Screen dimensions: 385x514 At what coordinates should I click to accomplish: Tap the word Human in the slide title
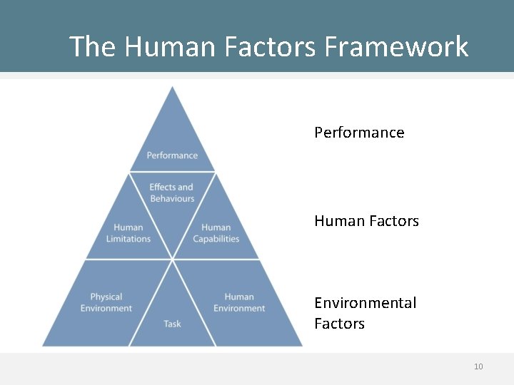pos(170,47)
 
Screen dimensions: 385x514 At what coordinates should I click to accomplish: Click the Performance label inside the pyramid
pos(172,155)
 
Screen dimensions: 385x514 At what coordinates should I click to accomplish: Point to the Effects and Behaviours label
pos(172,192)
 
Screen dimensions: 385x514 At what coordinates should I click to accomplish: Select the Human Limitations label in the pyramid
pos(128,233)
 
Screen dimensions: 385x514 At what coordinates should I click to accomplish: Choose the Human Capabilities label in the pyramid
pos(216,233)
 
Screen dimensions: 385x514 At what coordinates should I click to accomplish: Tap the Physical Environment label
pos(106,302)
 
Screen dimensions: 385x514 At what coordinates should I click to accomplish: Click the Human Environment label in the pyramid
pos(239,302)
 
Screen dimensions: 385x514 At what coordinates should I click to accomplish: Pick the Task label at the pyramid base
pos(172,324)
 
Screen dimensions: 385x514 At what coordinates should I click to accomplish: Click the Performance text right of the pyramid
pos(359,133)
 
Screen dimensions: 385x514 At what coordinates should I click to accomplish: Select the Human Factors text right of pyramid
pos(366,221)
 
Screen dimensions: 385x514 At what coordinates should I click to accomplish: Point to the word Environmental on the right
pos(365,303)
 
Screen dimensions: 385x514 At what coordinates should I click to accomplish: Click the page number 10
pos(478,366)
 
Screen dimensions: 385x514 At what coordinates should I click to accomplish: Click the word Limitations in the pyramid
pos(128,239)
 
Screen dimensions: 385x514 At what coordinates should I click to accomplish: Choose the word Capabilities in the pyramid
pos(216,239)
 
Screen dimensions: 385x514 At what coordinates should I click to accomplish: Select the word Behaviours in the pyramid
pos(172,198)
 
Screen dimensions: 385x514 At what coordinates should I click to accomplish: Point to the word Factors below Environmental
pos(339,324)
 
